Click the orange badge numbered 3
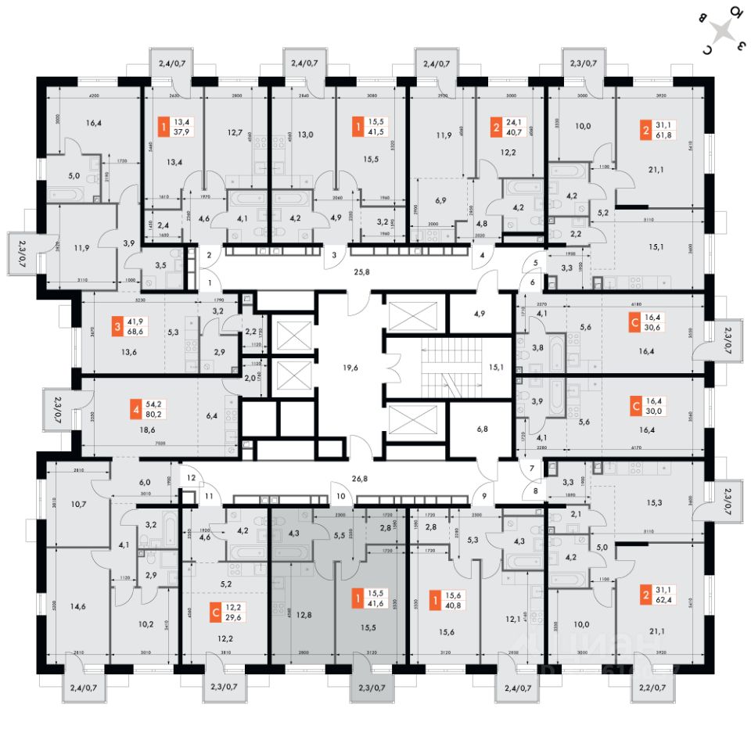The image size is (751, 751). click(116, 327)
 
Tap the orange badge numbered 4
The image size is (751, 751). click(138, 408)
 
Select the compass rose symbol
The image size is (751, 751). click(724, 34)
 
